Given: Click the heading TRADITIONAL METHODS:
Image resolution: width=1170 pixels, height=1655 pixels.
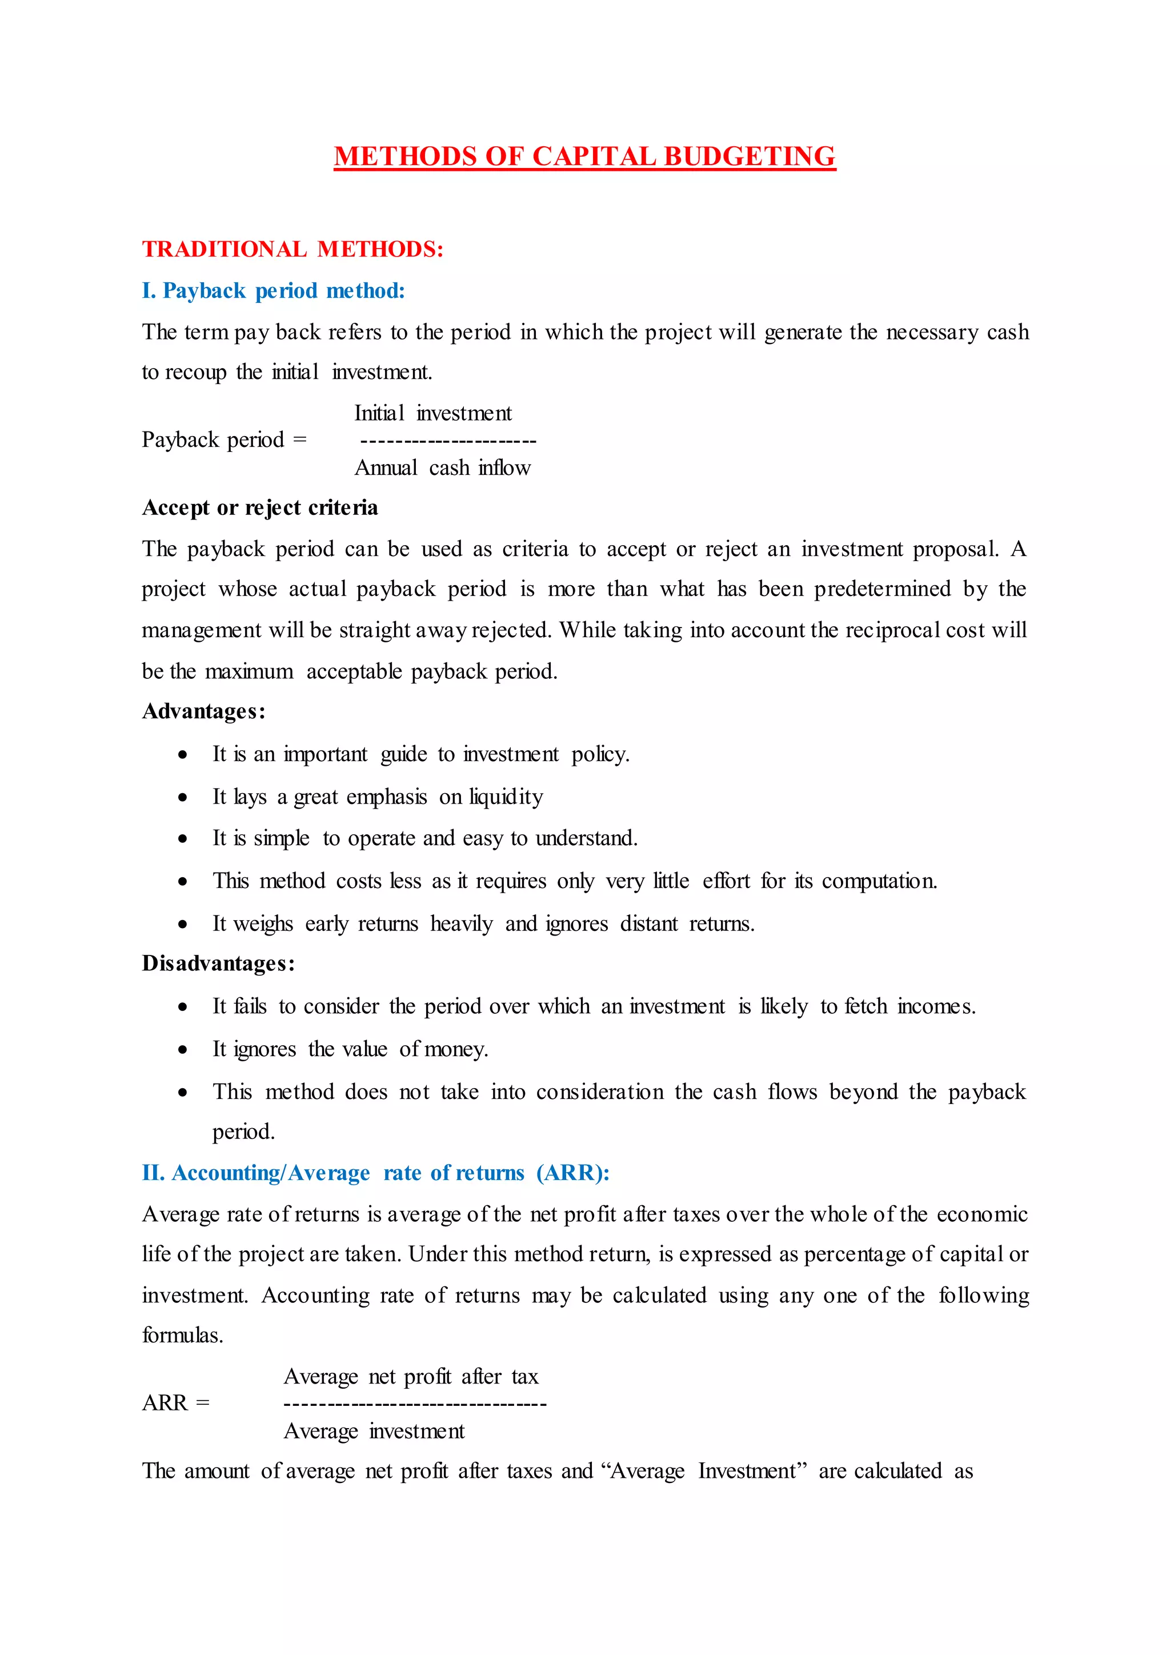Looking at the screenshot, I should tap(292, 249).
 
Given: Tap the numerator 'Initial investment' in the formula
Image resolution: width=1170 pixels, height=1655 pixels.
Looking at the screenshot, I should tap(432, 413).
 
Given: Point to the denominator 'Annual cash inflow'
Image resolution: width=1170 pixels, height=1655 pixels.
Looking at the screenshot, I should tap(442, 468).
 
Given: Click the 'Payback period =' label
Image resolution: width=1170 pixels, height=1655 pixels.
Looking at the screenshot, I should tap(224, 439).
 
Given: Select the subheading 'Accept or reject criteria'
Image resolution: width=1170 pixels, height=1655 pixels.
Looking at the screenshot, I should tap(260, 507).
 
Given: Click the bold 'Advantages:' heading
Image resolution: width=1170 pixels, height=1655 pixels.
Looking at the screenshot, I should tap(204, 711).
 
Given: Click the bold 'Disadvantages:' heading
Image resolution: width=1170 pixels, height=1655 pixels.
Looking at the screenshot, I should tap(218, 964).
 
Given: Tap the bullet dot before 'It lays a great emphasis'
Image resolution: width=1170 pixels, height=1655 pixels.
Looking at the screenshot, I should tap(183, 797).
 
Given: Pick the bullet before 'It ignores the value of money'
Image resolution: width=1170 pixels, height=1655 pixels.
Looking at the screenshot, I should tap(183, 1049).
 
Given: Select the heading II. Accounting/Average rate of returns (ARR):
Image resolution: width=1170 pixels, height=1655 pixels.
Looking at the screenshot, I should tap(375, 1173).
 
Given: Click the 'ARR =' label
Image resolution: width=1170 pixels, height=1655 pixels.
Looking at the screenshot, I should tap(176, 1403).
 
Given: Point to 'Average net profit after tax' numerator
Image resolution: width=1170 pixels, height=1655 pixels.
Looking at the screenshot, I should tap(411, 1376).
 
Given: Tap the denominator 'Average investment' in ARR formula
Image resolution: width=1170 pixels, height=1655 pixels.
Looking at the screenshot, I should tap(374, 1431).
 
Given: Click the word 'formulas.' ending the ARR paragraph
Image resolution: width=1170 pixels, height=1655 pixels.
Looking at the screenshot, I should tap(182, 1335).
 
